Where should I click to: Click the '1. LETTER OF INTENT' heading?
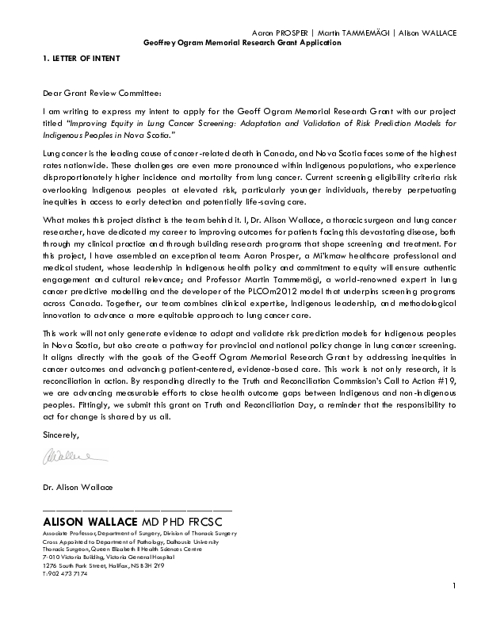click(77, 59)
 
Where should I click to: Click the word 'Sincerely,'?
click(61, 434)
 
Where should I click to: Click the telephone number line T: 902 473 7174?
click(65, 572)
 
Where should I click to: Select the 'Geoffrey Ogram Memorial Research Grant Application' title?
click(242, 42)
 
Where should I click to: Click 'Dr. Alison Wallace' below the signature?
click(78, 485)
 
